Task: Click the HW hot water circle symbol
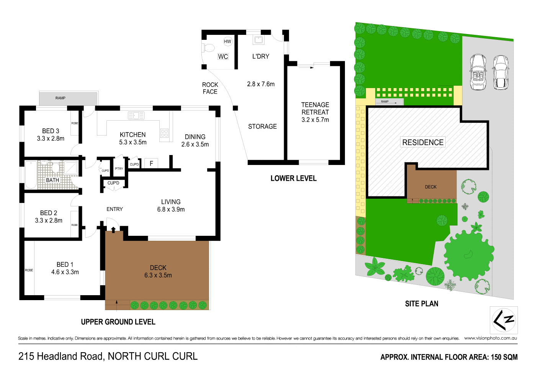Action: (x=227, y=41)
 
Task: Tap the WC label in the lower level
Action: (x=223, y=57)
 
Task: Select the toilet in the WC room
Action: (x=209, y=48)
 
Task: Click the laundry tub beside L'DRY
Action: (x=258, y=39)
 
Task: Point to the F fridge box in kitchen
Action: (x=151, y=163)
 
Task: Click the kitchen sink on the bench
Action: (x=136, y=115)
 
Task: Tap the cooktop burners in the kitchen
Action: (x=164, y=133)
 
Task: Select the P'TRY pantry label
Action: (x=119, y=169)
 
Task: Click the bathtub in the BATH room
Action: (x=31, y=175)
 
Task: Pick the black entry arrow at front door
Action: (x=113, y=229)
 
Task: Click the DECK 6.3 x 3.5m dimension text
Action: (x=158, y=275)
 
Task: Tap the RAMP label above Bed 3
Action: (x=60, y=98)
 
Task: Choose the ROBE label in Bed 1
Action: (x=29, y=270)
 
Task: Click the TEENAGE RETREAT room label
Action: (x=315, y=108)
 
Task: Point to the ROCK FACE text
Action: (x=210, y=88)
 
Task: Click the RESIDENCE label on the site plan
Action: (x=423, y=142)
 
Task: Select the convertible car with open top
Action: (x=478, y=72)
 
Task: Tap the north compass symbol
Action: (x=504, y=320)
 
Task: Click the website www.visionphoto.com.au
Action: (x=490, y=338)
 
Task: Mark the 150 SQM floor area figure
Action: (x=504, y=357)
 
